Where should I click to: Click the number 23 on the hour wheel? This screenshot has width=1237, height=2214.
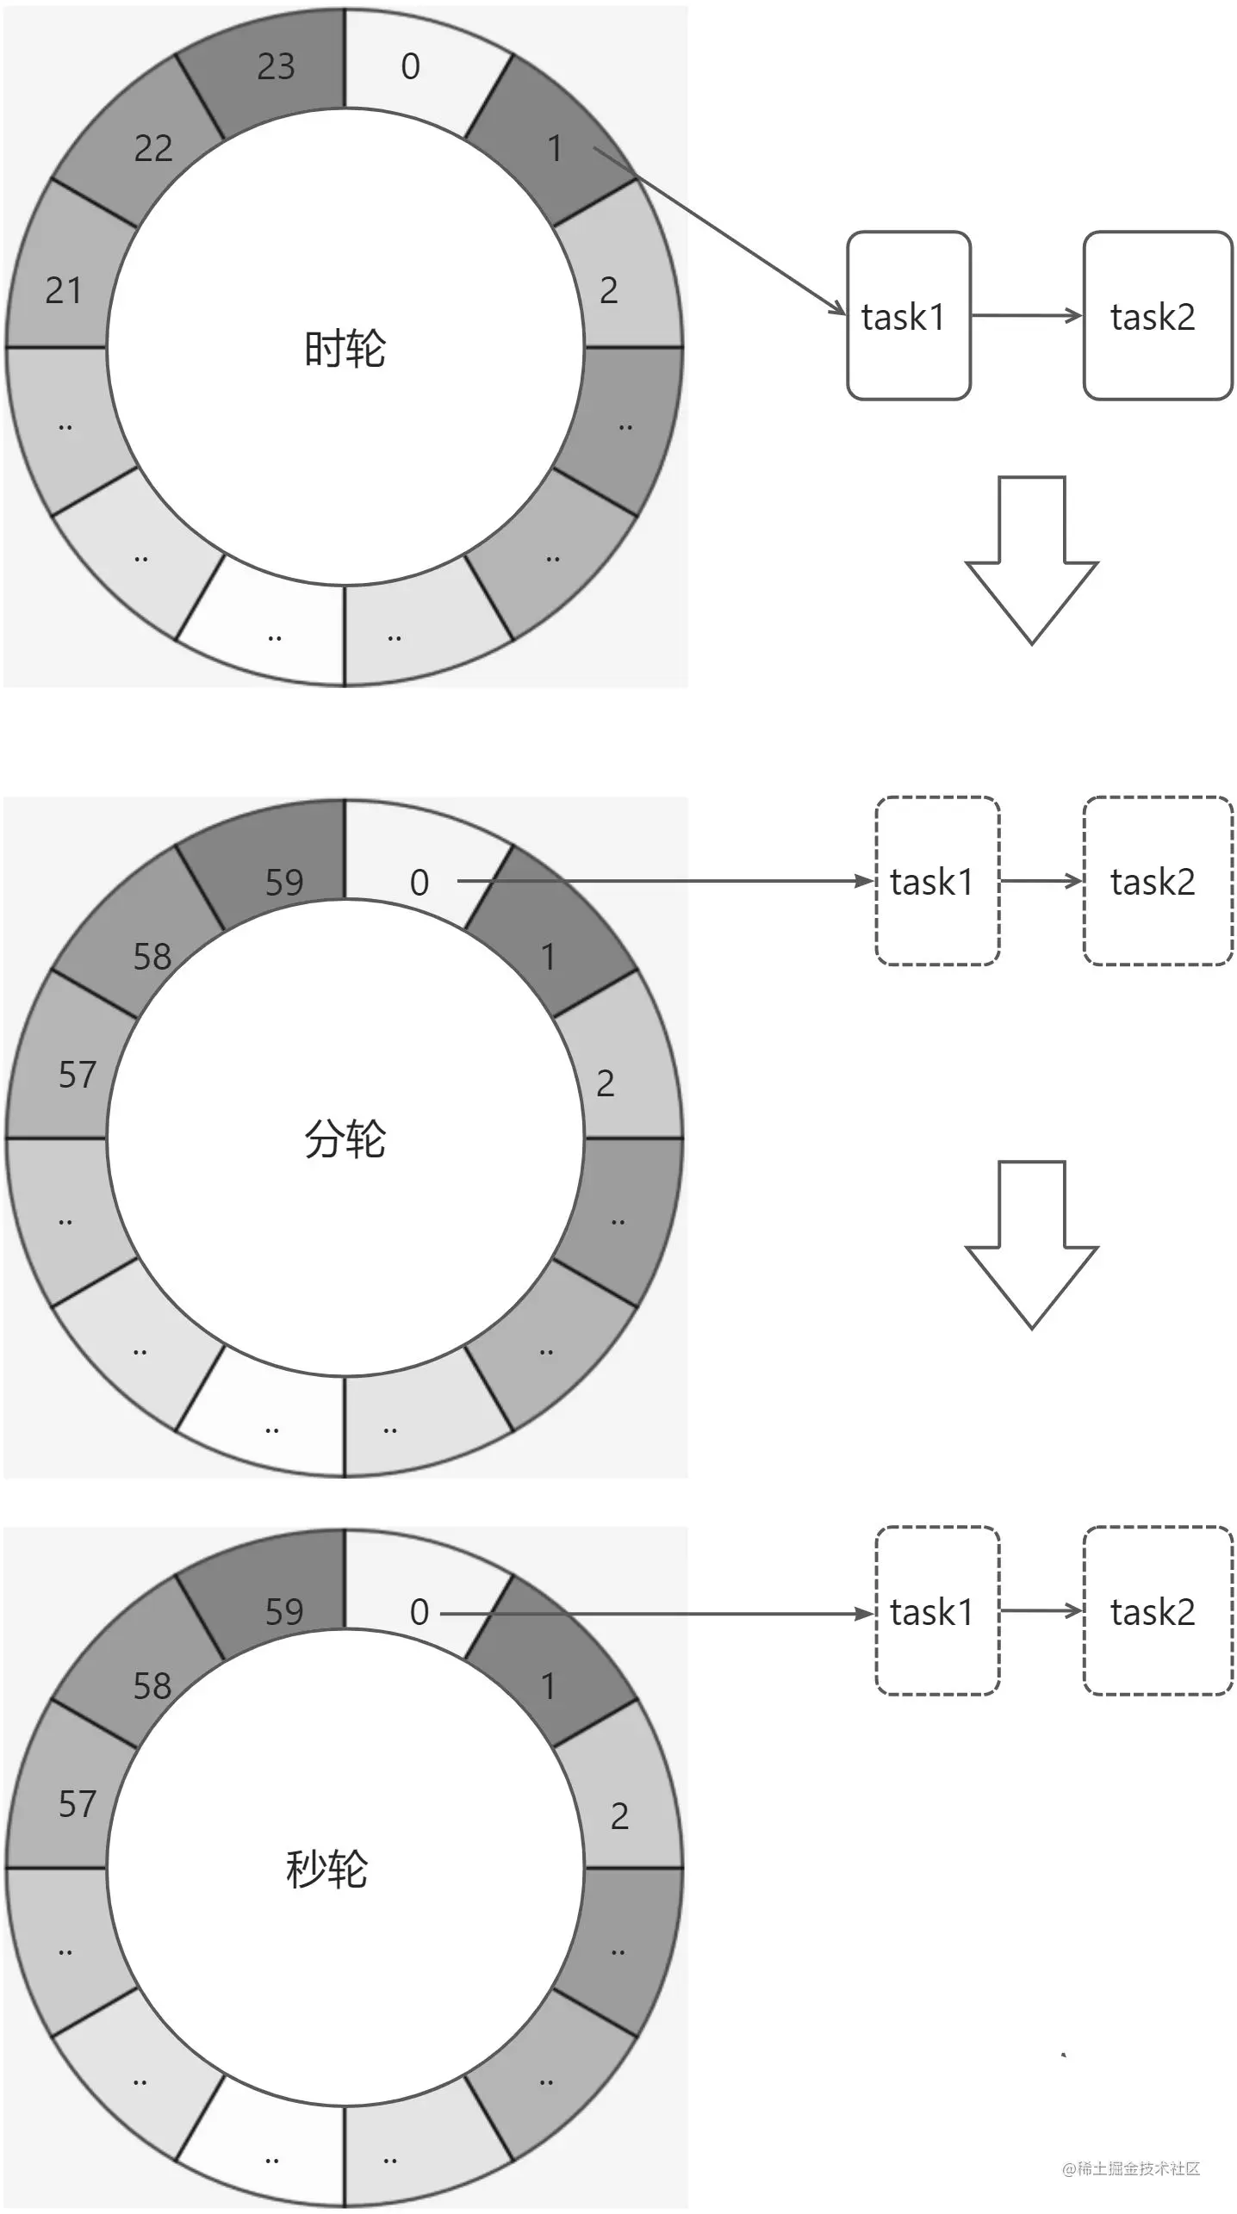[x=276, y=67]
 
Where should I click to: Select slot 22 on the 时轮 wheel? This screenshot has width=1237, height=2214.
[x=153, y=149]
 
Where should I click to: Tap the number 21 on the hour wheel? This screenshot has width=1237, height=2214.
[x=63, y=291]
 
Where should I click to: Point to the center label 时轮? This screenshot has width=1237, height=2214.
[x=345, y=349]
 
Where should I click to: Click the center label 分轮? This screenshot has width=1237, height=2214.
[x=345, y=1138]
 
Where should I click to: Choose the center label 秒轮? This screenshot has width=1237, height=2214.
[x=326, y=1869]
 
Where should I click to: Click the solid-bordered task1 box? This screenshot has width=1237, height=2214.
[x=908, y=316]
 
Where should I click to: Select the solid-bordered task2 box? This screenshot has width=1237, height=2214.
[x=1157, y=316]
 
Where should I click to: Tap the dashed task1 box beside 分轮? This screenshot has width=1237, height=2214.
[x=937, y=881]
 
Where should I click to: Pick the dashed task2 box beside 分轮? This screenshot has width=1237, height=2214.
[x=1157, y=881]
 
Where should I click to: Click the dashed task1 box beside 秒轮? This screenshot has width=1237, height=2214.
[x=937, y=1612]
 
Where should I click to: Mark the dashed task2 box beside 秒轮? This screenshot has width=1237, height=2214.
[x=1157, y=1612]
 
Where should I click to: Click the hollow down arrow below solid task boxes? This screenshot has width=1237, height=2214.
[x=1031, y=560]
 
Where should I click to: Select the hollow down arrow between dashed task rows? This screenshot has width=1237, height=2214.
[x=1031, y=1244]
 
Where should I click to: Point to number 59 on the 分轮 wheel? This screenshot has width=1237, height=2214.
[x=284, y=883]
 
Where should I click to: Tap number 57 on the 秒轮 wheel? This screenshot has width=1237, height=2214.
[x=77, y=1804]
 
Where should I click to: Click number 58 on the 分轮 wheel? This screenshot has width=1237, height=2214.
[x=152, y=957]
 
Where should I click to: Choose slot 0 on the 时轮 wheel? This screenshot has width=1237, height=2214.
[x=411, y=67]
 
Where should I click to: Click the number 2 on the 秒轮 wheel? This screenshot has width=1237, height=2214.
[x=619, y=1816]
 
